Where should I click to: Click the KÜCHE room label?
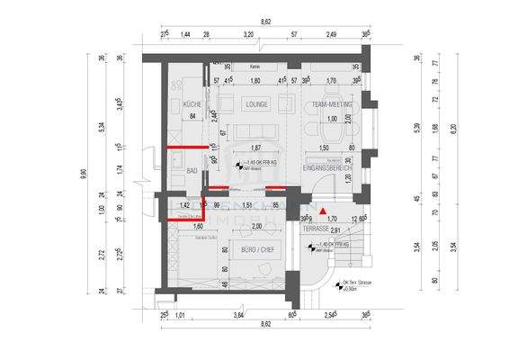point(191,104)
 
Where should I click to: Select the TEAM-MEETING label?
point(330,104)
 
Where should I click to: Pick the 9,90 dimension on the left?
point(85,174)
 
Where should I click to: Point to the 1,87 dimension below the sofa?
point(254,148)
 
